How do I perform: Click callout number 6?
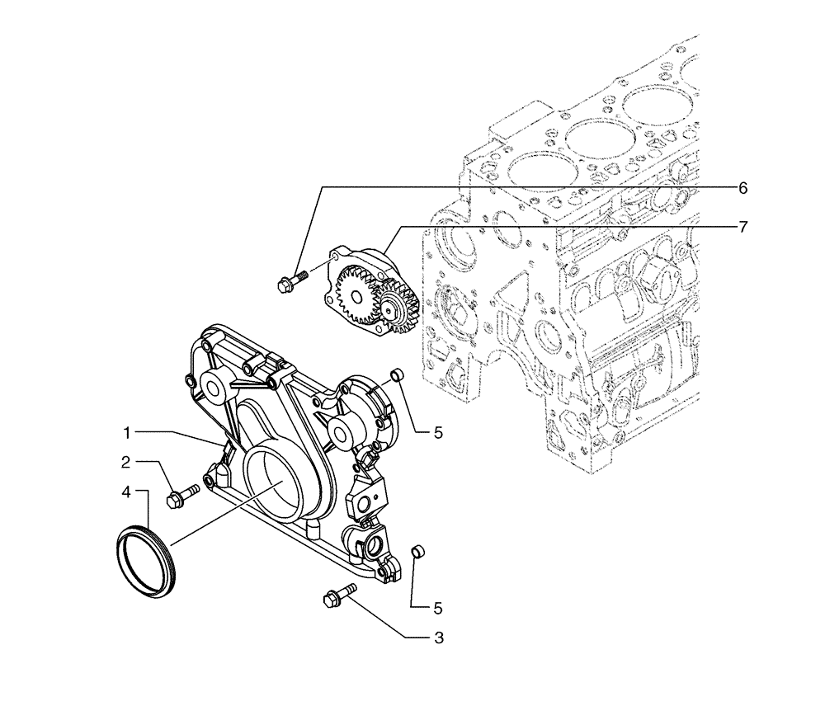click(x=742, y=189)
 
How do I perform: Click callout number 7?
click(x=742, y=226)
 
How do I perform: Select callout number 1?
click(x=128, y=432)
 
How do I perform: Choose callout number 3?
click(x=439, y=638)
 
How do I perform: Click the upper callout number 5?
click(x=439, y=431)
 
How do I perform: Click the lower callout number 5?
click(x=438, y=609)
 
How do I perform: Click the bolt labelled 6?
click(x=289, y=281)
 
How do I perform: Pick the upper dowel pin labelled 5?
click(x=397, y=377)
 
